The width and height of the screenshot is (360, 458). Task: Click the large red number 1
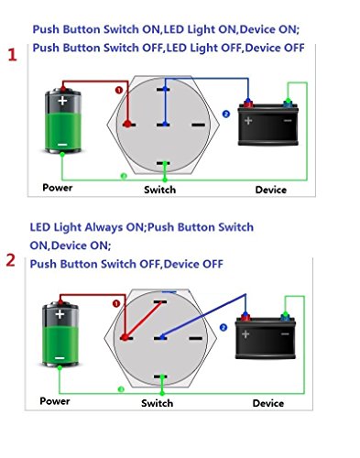pos(12,55)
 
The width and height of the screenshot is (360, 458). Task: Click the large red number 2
pos(11,260)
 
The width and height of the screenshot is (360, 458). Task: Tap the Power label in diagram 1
pos(58,188)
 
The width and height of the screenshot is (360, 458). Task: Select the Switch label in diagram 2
pos(157,403)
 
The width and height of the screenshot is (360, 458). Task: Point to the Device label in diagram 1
pos(271,190)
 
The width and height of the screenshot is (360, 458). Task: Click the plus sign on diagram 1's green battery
pos(62,101)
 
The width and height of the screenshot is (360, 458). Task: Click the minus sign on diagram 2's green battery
pos(60,358)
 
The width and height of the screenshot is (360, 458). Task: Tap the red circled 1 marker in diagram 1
pos(119,90)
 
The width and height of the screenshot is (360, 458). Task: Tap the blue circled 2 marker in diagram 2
pos(224,328)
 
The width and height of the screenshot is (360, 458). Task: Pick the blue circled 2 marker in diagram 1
pos(226,114)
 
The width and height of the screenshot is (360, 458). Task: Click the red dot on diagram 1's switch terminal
pos(127,124)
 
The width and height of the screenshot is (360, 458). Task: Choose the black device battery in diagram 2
pos(266,337)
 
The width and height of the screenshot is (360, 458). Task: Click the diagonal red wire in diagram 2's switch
pos(143,320)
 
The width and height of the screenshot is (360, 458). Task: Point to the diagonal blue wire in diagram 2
pos(203,316)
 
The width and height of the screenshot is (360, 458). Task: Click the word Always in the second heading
pos(104,228)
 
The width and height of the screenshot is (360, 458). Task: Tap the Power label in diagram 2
pos(55,401)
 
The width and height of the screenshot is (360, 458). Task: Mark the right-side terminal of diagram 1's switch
pos(199,125)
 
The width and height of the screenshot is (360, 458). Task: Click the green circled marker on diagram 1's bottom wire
pos(124,176)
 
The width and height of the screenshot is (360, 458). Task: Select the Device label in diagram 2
pos(268,403)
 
